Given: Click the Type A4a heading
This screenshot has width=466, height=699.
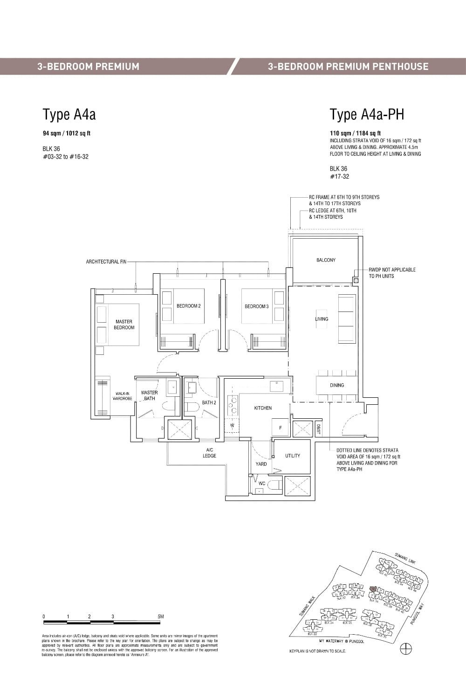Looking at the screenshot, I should pyautogui.click(x=69, y=115).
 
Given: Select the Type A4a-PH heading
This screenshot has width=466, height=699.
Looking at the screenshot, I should pyautogui.click(x=367, y=115).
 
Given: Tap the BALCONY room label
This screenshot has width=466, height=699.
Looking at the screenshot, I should pyautogui.click(x=326, y=260).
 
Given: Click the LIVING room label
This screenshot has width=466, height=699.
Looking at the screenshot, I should pyautogui.click(x=322, y=319).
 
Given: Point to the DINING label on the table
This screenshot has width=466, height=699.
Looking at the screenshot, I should pyautogui.click(x=337, y=385).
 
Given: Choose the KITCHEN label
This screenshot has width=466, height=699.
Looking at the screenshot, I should pyautogui.click(x=263, y=408).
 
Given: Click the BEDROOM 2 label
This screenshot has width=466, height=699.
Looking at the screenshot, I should pyautogui.click(x=188, y=306).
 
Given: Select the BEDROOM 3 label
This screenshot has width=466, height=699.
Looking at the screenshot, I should pyautogui.click(x=256, y=306).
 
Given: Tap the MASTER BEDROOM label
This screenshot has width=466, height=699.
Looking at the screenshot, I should pyautogui.click(x=124, y=325).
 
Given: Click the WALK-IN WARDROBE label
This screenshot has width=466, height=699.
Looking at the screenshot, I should pyautogui.click(x=123, y=396).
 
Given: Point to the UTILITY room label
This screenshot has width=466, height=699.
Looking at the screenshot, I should pyautogui.click(x=293, y=456).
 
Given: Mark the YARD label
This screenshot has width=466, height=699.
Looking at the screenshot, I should pyautogui.click(x=261, y=464).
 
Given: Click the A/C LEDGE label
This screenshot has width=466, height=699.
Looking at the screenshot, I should pyautogui.click(x=209, y=453).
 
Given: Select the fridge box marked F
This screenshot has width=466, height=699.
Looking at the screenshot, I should pyautogui.click(x=281, y=428).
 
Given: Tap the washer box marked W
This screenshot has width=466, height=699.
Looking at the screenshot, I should pyautogui.click(x=232, y=425).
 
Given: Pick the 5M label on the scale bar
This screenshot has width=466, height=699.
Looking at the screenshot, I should pyautogui.click(x=161, y=616).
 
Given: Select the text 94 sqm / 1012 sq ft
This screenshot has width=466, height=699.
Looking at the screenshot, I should pyautogui.click(x=67, y=133).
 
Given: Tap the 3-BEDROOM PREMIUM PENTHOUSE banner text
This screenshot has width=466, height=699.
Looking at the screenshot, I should pyautogui.click(x=348, y=66).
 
